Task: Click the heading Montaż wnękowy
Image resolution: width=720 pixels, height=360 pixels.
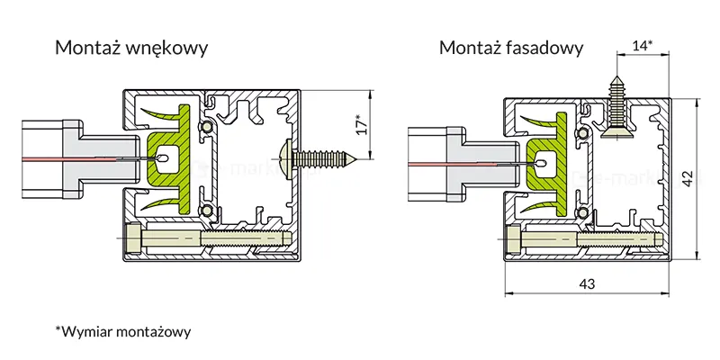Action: click(131, 48)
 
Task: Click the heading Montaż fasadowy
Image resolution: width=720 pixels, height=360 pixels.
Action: click(511, 48)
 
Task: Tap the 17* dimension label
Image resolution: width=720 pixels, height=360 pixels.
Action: click(360, 125)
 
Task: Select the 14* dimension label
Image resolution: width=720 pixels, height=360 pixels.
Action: click(642, 44)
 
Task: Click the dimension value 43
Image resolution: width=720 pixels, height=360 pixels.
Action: click(586, 284)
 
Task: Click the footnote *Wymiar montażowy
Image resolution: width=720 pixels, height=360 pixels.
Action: click(123, 332)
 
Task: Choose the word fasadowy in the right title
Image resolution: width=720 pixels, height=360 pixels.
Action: click(548, 48)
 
